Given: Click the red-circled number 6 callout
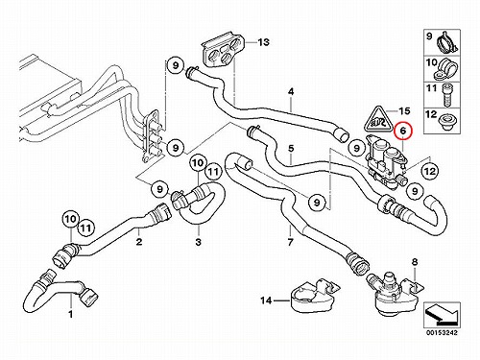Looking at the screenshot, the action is click(x=403, y=132).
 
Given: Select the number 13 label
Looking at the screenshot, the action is click(x=263, y=42).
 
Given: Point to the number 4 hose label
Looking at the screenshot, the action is click(x=291, y=92).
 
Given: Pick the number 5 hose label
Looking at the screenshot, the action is click(x=291, y=149).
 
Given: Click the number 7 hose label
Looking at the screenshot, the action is click(x=290, y=242).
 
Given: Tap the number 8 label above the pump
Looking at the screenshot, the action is click(x=415, y=262).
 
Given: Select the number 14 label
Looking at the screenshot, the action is click(x=266, y=300).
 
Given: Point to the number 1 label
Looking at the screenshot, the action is click(x=71, y=314).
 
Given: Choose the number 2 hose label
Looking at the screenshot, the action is click(x=139, y=242).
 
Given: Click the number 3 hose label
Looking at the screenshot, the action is click(x=199, y=242).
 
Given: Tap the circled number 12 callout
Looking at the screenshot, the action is click(x=430, y=172).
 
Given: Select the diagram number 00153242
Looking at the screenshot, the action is click(x=442, y=333).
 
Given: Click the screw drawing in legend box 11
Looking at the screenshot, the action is click(x=446, y=94).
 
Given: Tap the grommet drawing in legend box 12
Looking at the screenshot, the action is click(x=446, y=121).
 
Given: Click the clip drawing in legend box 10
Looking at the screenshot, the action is click(x=446, y=69).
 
